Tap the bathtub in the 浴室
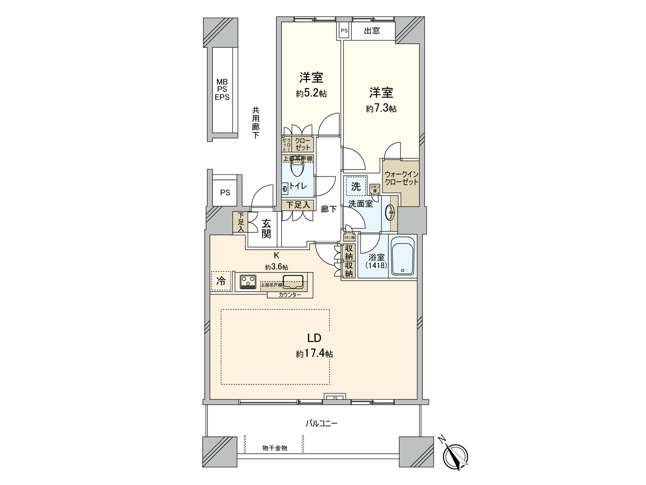[x=402, y=257]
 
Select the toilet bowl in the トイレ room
[x=297, y=169]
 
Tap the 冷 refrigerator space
[x=221, y=281]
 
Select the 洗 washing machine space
[x=356, y=186]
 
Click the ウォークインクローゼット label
[x=401, y=178]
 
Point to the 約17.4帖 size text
[x=314, y=354]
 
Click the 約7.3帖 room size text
[x=381, y=109]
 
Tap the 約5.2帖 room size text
[x=311, y=94]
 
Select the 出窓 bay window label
[x=371, y=31]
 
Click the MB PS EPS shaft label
[x=222, y=90]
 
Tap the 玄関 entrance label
[x=266, y=229]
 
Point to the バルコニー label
[x=321, y=424]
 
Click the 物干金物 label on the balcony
[x=275, y=448]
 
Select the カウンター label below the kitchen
[x=289, y=295]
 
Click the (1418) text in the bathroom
[x=376, y=266]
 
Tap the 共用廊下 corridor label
[x=256, y=123]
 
